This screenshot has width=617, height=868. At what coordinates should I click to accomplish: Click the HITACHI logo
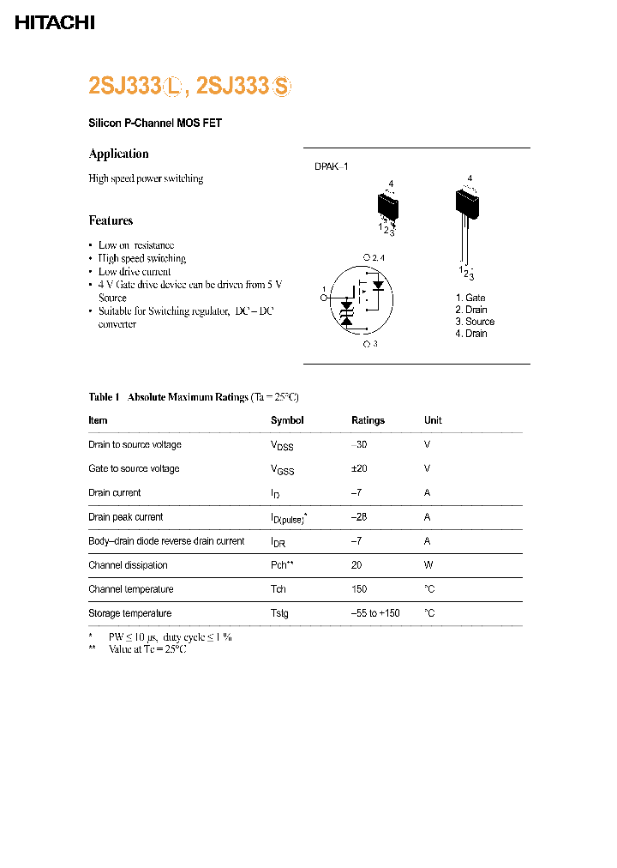[x=54, y=23]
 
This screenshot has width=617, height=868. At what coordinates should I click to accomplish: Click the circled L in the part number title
[x=175, y=87]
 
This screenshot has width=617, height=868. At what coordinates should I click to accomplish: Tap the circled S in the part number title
[x=282, y=87]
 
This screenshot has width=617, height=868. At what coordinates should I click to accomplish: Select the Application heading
[x=118, y=154]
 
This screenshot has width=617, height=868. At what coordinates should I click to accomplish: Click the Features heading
[x=111, y=220]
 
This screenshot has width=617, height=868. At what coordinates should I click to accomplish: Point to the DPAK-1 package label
[x=332, y=167]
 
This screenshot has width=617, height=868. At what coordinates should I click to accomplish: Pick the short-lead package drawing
[x=388, y=208]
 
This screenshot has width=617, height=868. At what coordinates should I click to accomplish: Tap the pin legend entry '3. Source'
[x=475, y=322]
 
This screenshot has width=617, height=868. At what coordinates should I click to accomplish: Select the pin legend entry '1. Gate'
[x=470, y=298]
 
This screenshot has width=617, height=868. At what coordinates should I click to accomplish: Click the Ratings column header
[x=368, y=420]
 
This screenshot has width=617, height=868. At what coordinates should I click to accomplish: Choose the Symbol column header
[x=287, y=420]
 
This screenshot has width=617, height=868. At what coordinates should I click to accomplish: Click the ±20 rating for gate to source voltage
[x=359, y=469]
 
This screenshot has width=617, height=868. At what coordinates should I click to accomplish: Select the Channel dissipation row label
[x=128, y=565]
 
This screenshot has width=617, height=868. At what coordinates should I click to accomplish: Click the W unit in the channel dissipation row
[x=428, y=565]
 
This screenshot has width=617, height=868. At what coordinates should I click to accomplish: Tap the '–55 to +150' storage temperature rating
[x=375, y=613]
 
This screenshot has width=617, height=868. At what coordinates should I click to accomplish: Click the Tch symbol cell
[x=279, y=589]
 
